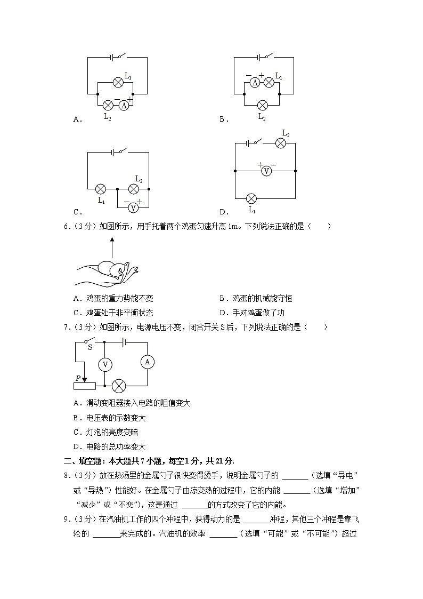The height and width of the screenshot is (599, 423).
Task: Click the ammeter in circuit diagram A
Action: click(124, 105)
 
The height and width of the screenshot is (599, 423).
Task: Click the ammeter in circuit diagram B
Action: click(255, 82)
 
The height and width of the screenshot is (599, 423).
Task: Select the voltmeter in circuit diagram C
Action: click(134, 207)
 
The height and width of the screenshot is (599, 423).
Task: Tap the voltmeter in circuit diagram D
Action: click(267, 171)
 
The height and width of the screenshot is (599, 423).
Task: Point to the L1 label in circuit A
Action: click(128, 77)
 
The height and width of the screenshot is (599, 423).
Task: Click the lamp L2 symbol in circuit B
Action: click(262, 105)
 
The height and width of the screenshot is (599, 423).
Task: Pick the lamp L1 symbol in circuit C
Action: click(100, 189)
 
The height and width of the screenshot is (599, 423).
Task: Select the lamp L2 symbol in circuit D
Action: click(281, 142)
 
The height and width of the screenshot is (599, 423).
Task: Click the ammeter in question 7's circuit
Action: click(148, 362)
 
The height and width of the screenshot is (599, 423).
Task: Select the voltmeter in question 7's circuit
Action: click(105, 364)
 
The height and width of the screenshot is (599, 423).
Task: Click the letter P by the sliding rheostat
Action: click(78, 378)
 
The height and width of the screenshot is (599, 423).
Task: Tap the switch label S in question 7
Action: click(90, 347)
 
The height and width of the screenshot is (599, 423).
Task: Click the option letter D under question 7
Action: click(76, 447)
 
